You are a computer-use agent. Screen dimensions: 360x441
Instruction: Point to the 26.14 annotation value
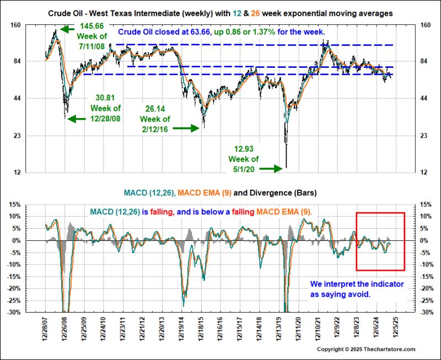(x=155, y=109)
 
